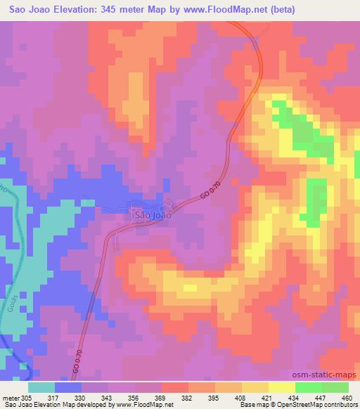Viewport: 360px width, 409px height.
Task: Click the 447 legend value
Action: (x=321, y=397)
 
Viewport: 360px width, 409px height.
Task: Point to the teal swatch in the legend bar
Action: (x=41, y=387)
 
